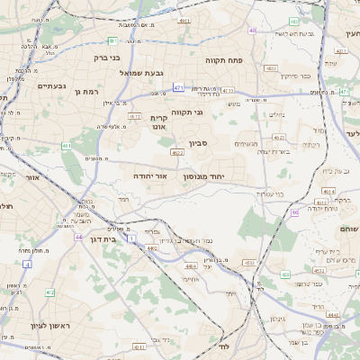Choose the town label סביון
click(199, 142)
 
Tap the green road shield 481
click(112, 40)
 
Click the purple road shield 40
click(253, 31)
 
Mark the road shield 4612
click(135, 116)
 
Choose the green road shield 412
click(49, 292)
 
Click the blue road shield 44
click(78, 237)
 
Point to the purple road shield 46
click(294, 212)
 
